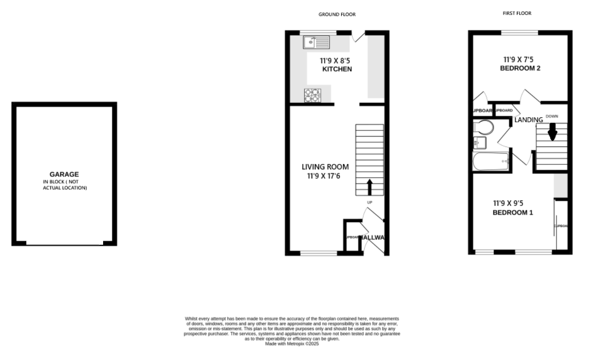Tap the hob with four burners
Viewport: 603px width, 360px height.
pyautogui.click(x=312, y=96)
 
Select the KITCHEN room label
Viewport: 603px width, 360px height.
pyautogui.click(x=337, y=69)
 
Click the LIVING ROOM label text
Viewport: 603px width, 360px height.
pyautogui.click(x=325, y=167)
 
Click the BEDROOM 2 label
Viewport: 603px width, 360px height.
pyautogui.click(x=520, y=68)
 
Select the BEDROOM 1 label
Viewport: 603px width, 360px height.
pyautogui.click(x=512, y=213)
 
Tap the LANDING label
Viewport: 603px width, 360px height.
pyautogui.click(x=528, y=120)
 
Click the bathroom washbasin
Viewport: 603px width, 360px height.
pyautogui.click(x=478, y=143)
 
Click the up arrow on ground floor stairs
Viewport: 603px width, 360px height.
pyautogui.click(x=370, y=187)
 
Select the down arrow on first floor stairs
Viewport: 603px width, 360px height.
pyautogui.click(x=552, y=132)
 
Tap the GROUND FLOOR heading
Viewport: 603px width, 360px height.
pyautogui.click(x=337, y=14)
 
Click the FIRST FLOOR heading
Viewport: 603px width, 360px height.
pyautogui.click(x=517, y=13)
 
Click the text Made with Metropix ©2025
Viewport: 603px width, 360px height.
pyautogui.click(x=292, y=344)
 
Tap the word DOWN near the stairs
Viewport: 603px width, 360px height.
pyautogui.click(x=552, y=117)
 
